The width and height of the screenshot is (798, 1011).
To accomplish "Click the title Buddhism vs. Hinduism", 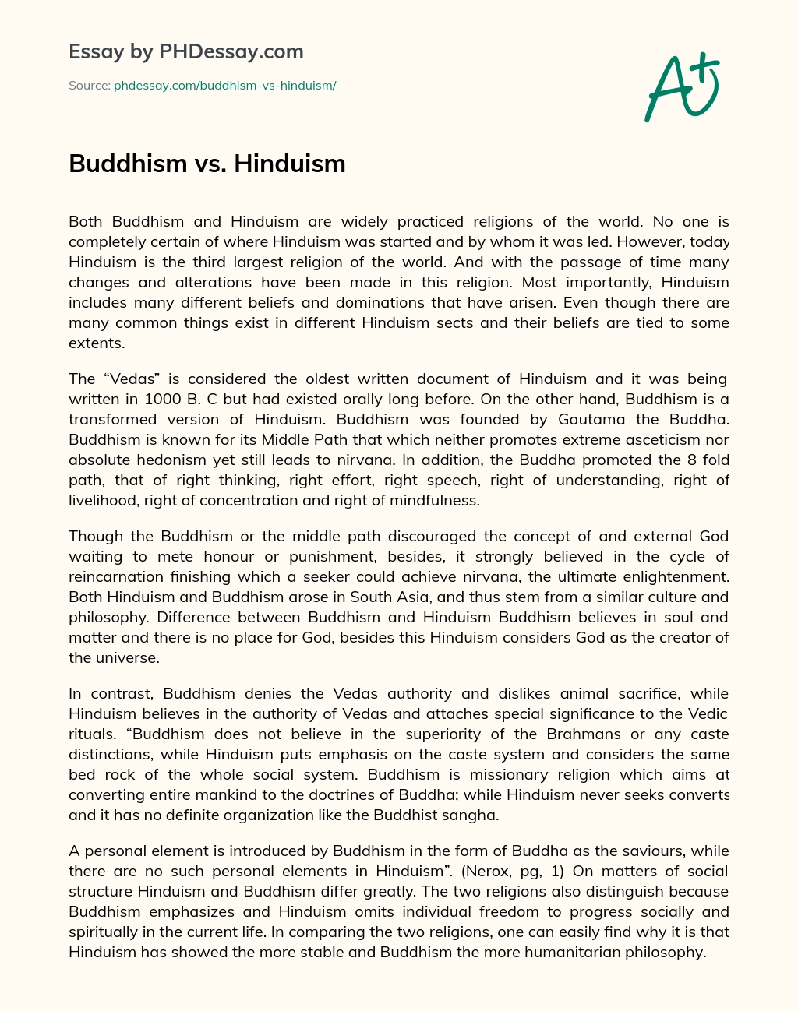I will (x=207, y=164).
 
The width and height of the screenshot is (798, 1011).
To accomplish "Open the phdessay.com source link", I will (x=224, y=86).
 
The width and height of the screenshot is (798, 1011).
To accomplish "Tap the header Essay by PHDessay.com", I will (x=186, y=52).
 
